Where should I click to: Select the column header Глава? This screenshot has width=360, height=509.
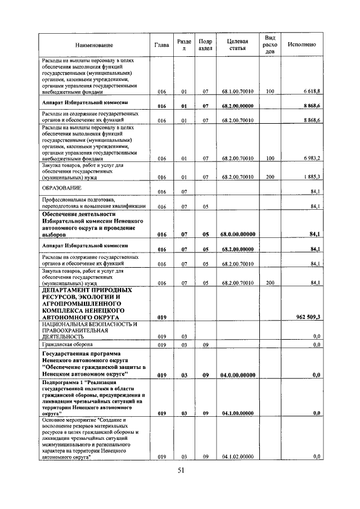tap(162, 45)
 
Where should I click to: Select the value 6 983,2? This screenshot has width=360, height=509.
tap(311, 159)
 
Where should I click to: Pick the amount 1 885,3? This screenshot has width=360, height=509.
tap(311, 177)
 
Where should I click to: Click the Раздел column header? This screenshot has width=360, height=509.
tap(184, 45)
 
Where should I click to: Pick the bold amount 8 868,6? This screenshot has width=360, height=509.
tap(311, 106)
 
